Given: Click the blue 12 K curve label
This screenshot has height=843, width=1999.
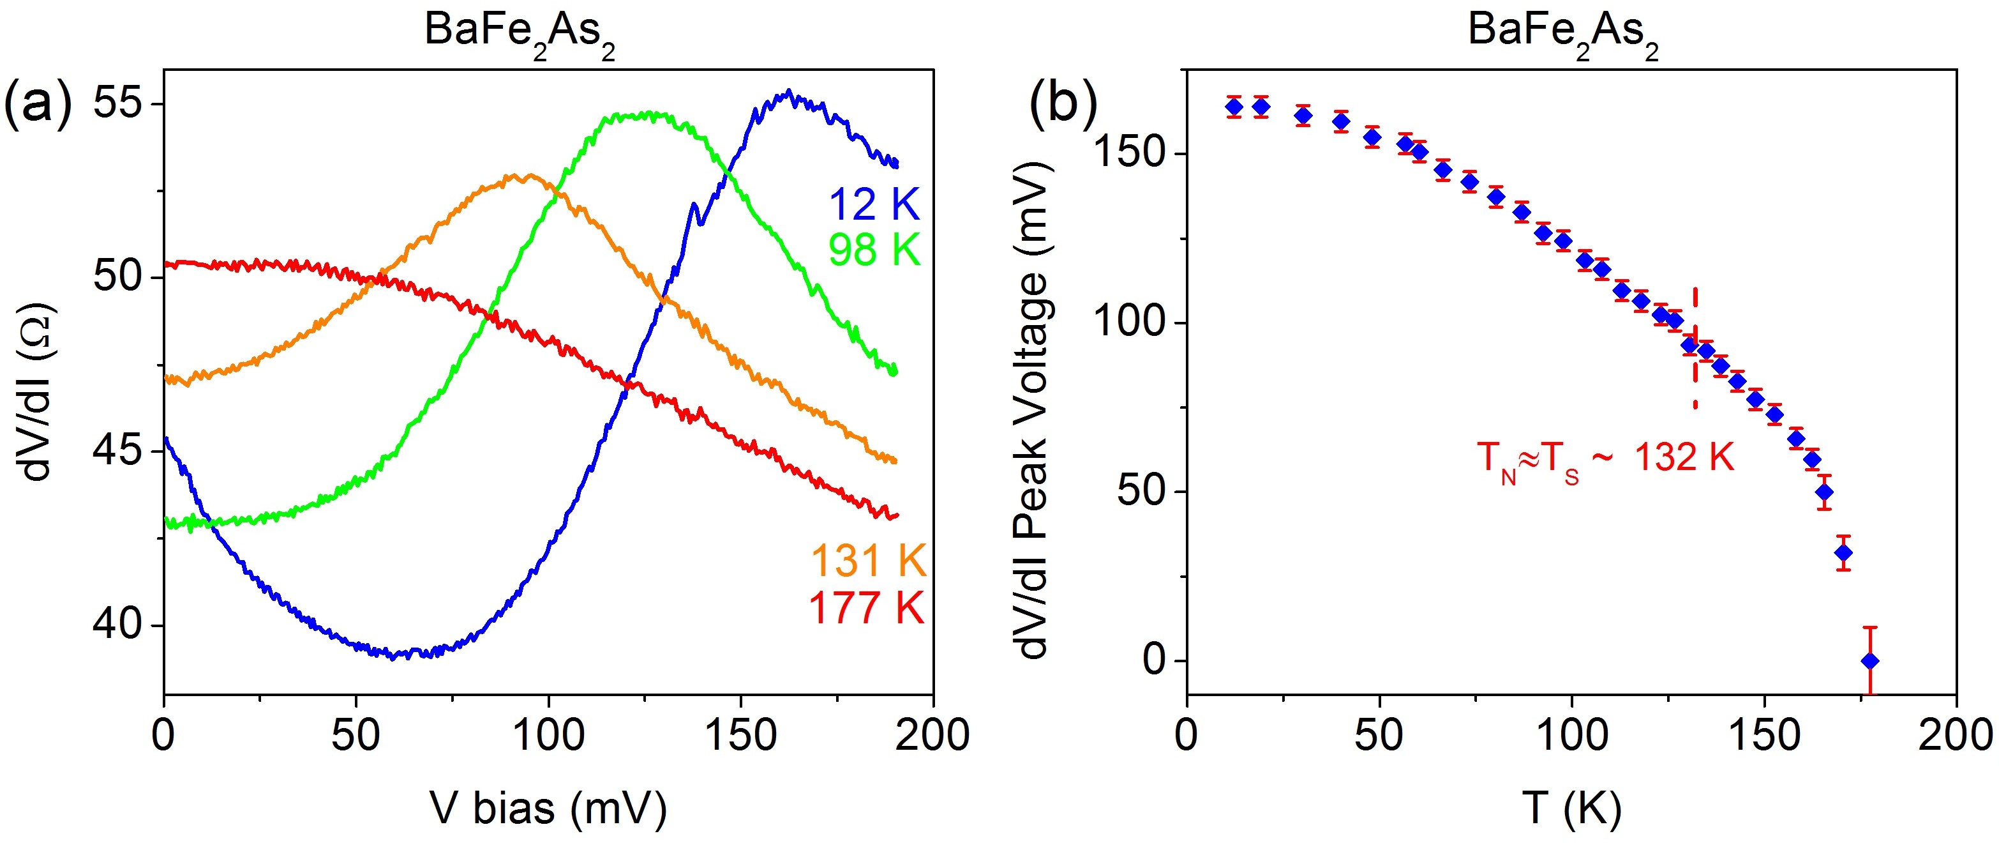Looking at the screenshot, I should [874, 205].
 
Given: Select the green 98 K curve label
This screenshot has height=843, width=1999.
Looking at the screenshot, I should [874, 250].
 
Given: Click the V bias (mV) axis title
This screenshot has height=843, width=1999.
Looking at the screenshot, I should [548, 807].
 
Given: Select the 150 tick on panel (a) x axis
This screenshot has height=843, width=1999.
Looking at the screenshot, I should [740, 734].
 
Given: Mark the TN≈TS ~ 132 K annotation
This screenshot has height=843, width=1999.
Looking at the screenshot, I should [1605, 458].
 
